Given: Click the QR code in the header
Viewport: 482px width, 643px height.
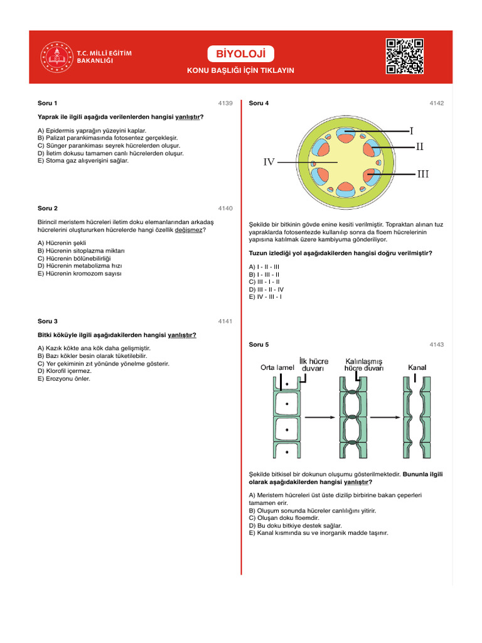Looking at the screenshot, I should coord(405,57).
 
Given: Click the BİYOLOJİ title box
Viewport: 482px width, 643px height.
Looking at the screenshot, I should coord(241,54).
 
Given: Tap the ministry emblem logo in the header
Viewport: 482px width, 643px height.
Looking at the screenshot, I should coord(56,57).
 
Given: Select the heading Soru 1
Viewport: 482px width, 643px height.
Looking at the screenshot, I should coord(48,103).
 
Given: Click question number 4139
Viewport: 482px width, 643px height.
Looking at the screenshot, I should coord(225,103).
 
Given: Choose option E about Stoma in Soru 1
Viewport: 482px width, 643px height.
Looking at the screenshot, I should coord(83,161).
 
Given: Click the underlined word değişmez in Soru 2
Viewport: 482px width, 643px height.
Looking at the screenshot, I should coord(189,230).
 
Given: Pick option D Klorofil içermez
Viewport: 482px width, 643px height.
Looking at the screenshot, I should coord(65,371).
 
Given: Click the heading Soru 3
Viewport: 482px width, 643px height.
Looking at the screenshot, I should coord(48,321).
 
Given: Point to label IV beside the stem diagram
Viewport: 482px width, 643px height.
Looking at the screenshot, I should coord(269,162).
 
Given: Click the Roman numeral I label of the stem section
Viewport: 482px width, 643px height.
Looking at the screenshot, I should coord(411,131).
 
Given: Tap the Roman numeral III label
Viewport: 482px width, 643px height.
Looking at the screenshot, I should coord(423,173).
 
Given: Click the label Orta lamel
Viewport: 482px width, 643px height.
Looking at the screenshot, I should coord(277,368).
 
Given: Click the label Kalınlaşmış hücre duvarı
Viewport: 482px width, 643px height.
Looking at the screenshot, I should coord(363,365).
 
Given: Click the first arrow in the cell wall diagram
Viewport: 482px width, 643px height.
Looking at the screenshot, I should coord(320,416).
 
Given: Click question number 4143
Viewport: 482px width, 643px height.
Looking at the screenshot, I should coord(436,345).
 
